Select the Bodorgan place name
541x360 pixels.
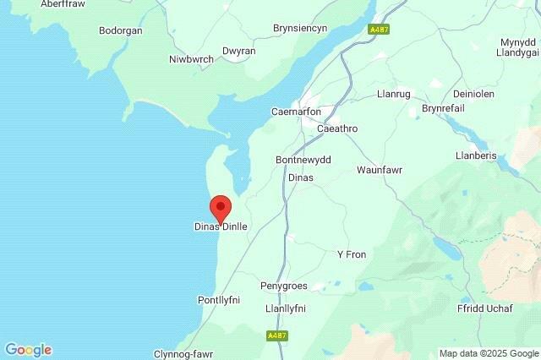point(121,30)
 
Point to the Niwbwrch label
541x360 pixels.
point(190,59)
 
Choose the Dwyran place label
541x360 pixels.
point(238,51)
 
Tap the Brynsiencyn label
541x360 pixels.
point(300,28)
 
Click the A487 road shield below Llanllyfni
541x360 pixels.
point(276,335)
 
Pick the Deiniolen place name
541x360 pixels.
point(452,95)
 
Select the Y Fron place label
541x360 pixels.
point(352,254)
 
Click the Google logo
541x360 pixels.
point(28,349)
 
